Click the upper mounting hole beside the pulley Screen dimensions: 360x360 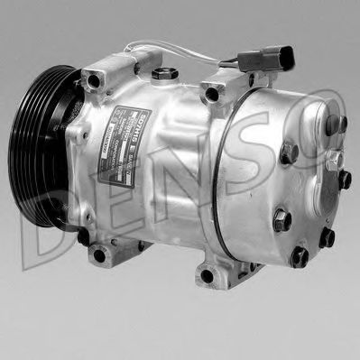(x=94, y=82)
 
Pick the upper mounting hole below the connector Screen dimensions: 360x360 (x=211, y=93)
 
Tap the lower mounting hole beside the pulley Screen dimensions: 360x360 (x=98, y=255)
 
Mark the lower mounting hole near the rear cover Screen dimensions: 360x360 (x=208, y=276)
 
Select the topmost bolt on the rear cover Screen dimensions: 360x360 (x=336, y=124)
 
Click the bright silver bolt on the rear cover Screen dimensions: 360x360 (x=333, y=163)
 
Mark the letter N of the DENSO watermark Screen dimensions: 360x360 (x=180, y=194)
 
